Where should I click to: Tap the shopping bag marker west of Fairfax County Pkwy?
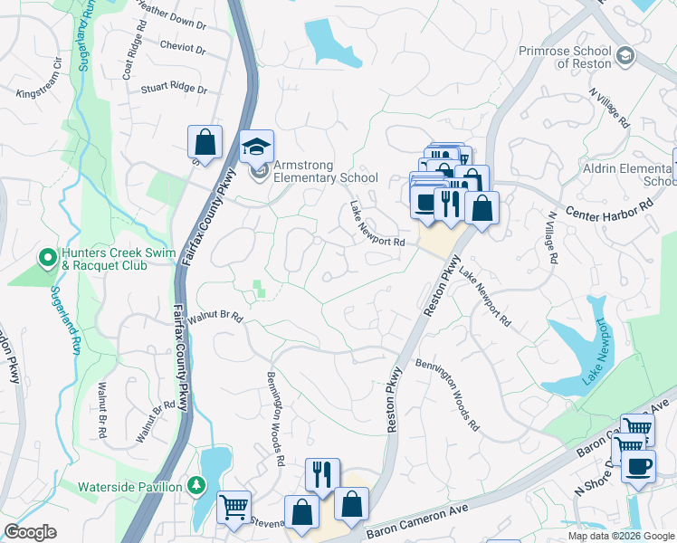point(205,142)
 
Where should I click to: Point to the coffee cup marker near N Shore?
point(639,467)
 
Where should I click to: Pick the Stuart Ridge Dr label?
point(174,90)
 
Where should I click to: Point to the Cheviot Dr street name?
point(182,46)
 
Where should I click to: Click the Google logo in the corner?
point(30,531)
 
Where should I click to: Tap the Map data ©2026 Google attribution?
point(621,536)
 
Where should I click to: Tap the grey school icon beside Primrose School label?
point(625,58)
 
